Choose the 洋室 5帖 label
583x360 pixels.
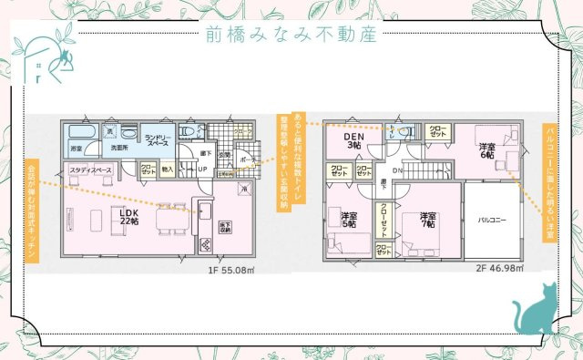pyautogui.click(x=349, y=219)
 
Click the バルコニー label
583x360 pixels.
pyautogui.click(x=492, y=220)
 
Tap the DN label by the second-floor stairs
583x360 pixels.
pyautogui.click(x=397, y=170)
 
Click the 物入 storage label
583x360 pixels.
pyautogui.click(x=168, y=170)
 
